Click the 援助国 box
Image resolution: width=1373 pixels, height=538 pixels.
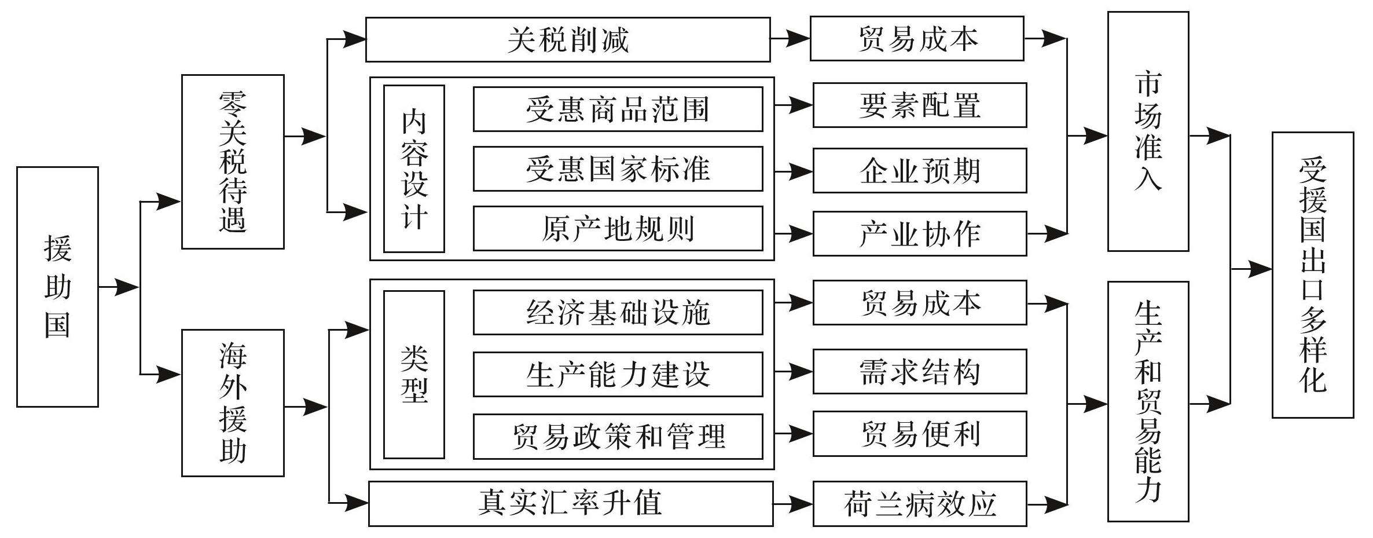[x=57, y=287]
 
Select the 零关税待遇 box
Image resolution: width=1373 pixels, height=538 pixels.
[x=233, y=162]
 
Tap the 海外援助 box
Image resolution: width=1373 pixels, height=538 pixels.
[x=233, y=403]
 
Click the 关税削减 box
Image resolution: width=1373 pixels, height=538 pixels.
[x=568, y=39]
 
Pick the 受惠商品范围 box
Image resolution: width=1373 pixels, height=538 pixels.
[x=618, y=109]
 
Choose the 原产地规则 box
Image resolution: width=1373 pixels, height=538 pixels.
[x=618, y=229]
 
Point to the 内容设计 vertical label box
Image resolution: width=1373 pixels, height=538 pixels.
[x=414, y=169]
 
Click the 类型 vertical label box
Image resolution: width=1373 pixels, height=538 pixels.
[x=414, y=375]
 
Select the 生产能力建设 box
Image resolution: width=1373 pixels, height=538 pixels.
[x=618, y=374]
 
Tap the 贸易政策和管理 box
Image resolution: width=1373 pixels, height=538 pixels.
[x=618, y=437]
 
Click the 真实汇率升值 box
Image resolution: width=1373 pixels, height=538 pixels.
[x=571, y=504]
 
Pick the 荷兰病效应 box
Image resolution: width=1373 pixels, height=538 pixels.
[x=920, y=504]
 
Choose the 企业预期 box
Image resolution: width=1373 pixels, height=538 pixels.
[x=920, y=171]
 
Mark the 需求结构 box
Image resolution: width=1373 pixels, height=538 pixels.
[x=920, y=371]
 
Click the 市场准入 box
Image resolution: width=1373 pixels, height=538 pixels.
[x=1148, y=131]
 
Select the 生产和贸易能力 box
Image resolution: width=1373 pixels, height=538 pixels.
[x=1148, y=402]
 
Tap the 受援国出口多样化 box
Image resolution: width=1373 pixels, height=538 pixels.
[x=1313, y=275]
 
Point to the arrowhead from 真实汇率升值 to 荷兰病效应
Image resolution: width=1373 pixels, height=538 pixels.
[x=802, y=503]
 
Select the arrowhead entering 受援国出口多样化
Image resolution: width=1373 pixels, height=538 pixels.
[x=1261, y=269]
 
